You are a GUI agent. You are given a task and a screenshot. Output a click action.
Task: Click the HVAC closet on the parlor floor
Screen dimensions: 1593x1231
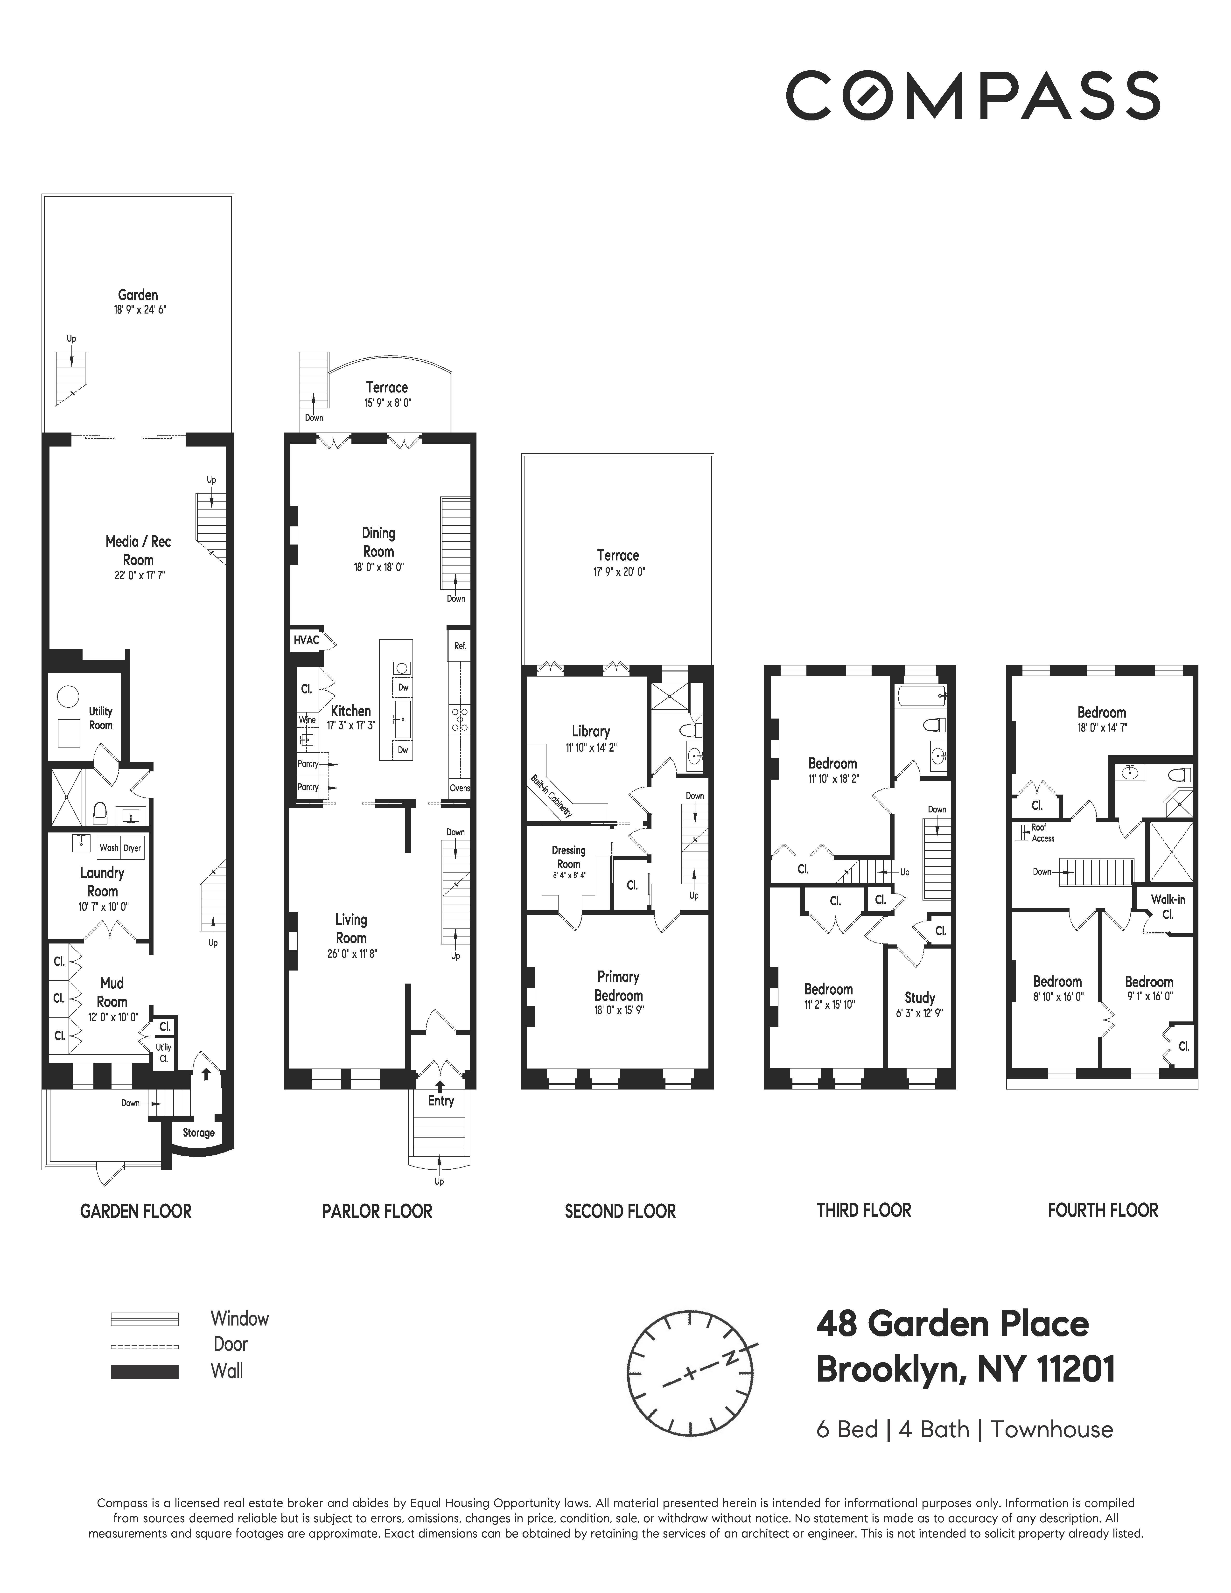(x=306, y=640)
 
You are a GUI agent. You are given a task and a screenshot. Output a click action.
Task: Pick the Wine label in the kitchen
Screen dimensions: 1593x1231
(x=307, y=720)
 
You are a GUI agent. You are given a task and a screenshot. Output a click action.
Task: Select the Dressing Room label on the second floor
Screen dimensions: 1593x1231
(x=569, y=857)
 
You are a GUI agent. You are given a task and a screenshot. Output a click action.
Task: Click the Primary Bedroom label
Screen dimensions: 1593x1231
(x=618, y=986)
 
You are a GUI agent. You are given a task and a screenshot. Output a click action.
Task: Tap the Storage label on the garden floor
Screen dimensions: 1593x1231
(x=198, y=1133)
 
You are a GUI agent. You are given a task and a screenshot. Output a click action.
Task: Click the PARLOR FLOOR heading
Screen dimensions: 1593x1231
(x=377, y=1212)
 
